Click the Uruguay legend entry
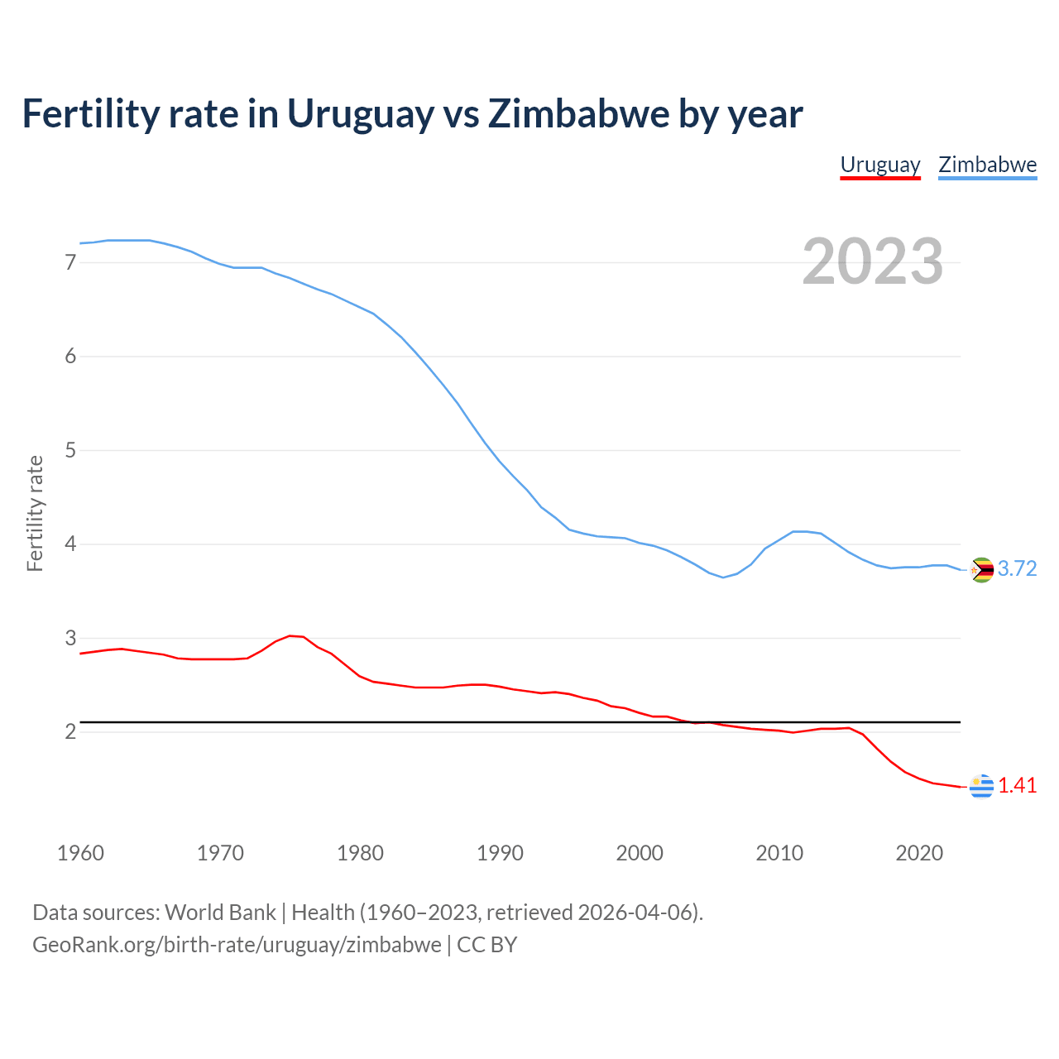coord(880,165)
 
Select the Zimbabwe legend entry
coord(987,165)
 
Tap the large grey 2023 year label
coord(872,261)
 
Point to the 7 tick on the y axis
coord(70,263)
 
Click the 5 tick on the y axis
coord(70,451)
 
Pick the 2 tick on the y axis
coord(70,732)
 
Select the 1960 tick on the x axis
coord(80,853)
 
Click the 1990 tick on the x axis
coord(500,853)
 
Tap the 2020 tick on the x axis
coord(919,853)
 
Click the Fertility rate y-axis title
coord(35,513)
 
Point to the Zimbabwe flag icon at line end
coord(981,570)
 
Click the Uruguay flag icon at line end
coord(981,787)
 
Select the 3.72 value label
coord(1017,569)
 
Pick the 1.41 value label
coord(1017,786)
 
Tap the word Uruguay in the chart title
coord(360,114)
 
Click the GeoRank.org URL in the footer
coord(237,945)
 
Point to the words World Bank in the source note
coord(220,913)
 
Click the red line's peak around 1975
coord(290,635)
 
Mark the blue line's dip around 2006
coord(723,577)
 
